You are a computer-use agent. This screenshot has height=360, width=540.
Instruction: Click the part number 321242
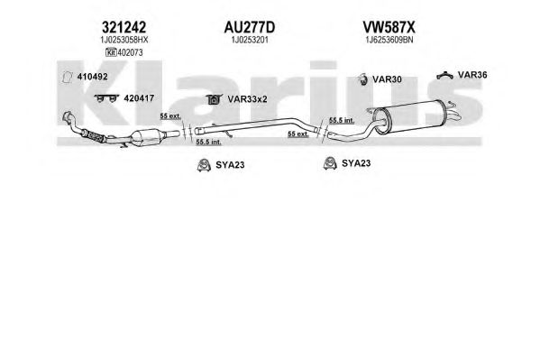(x=124, y=27)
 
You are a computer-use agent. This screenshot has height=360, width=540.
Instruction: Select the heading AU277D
(x=250, y=27)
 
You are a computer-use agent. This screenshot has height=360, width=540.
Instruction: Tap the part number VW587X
(x=389, y=27)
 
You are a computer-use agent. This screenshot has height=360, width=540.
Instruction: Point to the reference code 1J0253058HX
(x=124, y=40)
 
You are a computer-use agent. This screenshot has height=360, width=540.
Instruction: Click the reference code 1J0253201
(x=250, y=40)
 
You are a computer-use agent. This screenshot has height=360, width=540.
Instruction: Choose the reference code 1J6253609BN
(x=389, y=40)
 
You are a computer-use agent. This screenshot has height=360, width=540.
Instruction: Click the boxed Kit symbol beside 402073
(x=111, y=52)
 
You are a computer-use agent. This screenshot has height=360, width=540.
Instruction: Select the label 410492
(x=92, y=77)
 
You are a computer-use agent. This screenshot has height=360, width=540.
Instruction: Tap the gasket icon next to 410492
(x=67, y=77)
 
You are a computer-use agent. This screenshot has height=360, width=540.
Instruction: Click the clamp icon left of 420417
(x=106, y=98)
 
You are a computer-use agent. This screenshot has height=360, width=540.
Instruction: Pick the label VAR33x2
(x=247, y=99)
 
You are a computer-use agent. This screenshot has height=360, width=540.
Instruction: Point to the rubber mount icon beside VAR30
(x=362, y=79)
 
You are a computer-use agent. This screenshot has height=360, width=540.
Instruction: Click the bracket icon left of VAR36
(x=444, y=75)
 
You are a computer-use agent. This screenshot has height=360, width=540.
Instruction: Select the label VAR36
(x=472, y=75)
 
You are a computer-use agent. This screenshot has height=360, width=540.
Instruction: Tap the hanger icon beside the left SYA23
(x=204, y=165)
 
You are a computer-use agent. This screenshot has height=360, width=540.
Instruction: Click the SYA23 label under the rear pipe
(x=356, y=163)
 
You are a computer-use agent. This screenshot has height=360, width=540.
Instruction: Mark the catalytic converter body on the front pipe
(x=148, y=137)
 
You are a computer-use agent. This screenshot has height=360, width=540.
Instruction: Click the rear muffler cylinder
(x=410, y=116)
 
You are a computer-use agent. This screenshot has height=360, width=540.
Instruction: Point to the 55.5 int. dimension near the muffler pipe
(x=342, y=120)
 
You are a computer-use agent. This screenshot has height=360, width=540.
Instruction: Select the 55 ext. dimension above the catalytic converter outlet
(x=170, y=116)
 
